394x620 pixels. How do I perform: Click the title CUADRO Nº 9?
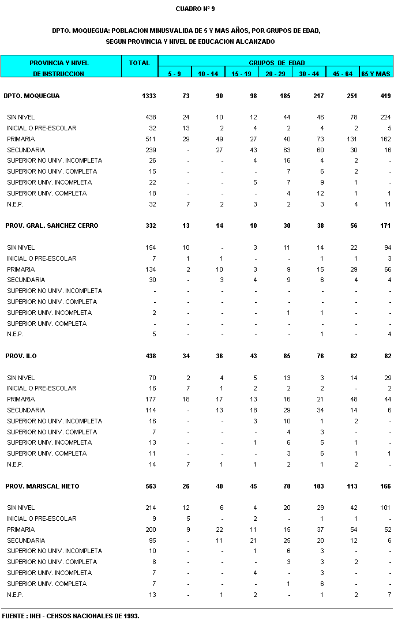pos(195,9)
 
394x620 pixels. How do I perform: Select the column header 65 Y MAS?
pos(376,74)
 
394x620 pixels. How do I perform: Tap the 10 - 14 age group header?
pos(208,74)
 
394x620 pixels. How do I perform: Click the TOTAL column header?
pos(139,63)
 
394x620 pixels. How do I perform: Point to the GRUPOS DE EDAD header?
pos(276,63)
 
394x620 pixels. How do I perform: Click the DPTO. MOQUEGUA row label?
pos(32,96)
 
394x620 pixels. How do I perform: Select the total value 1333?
pos(148,96)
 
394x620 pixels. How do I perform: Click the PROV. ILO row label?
pos(21,356)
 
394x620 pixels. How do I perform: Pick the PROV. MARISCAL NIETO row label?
pos(42,486)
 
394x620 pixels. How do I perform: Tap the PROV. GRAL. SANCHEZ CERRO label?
pos(51,226)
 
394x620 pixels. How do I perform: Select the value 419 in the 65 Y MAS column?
pos(385,96)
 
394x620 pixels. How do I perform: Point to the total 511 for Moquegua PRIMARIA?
pos(151,139)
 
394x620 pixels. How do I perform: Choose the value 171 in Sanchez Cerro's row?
pos(385,226)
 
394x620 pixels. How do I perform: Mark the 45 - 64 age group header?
pos(342,74)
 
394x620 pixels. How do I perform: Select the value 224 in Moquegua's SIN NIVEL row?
pos(385,117)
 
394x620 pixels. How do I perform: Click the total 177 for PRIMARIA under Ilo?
pos(151,399)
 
